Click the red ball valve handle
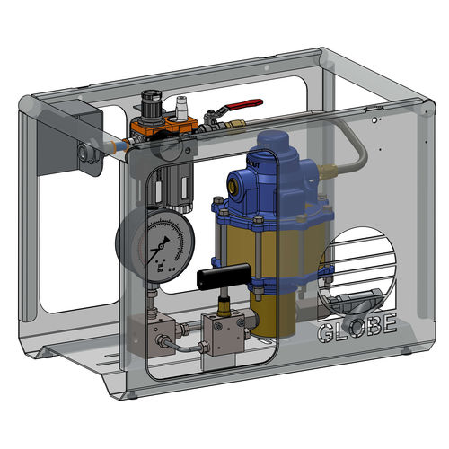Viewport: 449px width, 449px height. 241,104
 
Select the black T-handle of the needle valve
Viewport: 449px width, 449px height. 224,271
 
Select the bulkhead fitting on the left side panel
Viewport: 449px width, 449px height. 86,155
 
